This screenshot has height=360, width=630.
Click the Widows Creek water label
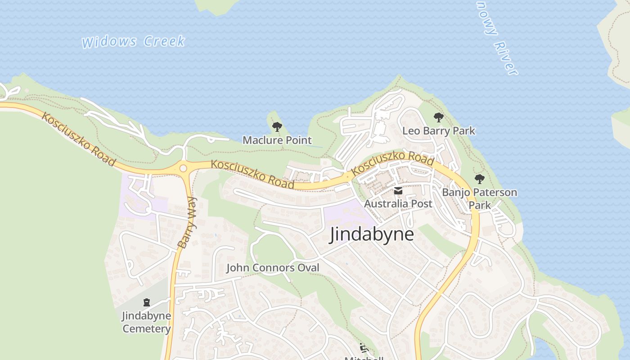tap(133, 42)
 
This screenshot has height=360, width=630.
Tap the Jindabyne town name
tap(372, 234)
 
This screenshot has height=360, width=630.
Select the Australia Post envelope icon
tap(398, 191)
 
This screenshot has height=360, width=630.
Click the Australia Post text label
tap(398, 203)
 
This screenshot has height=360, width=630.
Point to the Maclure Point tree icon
tap(277, 127)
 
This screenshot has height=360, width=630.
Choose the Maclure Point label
tap(277, 140)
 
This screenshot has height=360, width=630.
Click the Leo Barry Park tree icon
tap(439, 118)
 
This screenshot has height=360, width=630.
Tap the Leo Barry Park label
tap(439, 131)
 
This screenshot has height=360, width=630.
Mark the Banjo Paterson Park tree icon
tap(480, 179)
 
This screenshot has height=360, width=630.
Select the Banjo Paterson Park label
tap(480, 198)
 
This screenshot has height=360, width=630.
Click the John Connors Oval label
tap(273, 268)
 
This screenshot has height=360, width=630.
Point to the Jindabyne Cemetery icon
tap(147, 302)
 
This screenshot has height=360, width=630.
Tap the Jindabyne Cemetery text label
tap(147, 322)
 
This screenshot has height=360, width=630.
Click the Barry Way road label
tap(187, 222)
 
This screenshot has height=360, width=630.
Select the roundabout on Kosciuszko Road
tap(183, 168)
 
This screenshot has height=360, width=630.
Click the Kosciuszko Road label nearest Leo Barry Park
tap(392, 163)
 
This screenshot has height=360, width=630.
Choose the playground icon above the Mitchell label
tap(364, 348)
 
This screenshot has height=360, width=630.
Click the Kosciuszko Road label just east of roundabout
tap(253, 174)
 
